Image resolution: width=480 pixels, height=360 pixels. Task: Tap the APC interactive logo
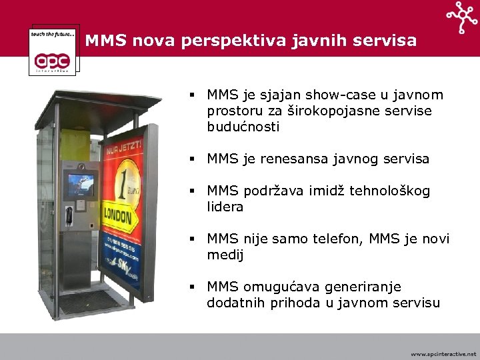(55, 57)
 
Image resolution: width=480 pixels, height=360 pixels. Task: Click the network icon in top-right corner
(462, 17)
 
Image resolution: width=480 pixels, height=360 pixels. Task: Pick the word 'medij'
(225, 255)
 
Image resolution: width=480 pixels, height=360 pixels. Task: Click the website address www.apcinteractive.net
(443, 354)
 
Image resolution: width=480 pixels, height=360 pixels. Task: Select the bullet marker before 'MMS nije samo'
(191, 239)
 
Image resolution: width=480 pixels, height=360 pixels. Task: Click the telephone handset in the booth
(69, 215)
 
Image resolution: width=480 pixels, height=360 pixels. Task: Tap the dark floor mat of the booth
(89, 301)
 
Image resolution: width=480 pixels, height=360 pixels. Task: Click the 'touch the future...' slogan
(53, 33)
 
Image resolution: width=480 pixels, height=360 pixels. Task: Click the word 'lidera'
(225, 207)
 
